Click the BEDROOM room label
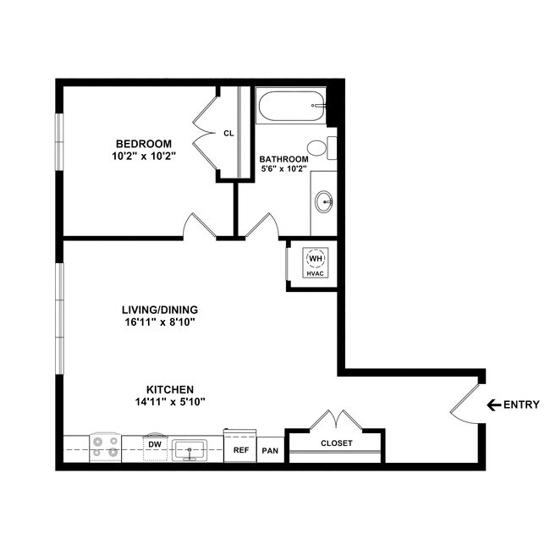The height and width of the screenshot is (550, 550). [x=143, y=143]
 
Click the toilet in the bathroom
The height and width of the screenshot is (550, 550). [x=320, y=148]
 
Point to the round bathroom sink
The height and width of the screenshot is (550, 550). [x=324, y=201]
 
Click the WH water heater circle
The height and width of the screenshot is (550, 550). [x=315, y=259]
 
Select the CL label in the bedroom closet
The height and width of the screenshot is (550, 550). [x=228, y=133]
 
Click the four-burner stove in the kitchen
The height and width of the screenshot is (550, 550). [x=105, y=446]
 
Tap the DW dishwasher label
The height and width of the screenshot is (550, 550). [x=155, y=443]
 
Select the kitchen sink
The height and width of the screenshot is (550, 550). [x=190, y=449]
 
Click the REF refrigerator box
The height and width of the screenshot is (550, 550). [x=240, y=448]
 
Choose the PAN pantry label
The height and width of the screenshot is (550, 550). [x=270, y=450]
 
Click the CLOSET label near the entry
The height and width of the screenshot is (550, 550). [x=336, y=443]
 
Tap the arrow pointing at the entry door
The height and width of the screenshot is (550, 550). [x=493, y=404]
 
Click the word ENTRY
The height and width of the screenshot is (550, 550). [x=521, y=404]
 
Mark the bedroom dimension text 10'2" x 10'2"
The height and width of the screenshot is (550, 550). [x=143, y=157]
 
